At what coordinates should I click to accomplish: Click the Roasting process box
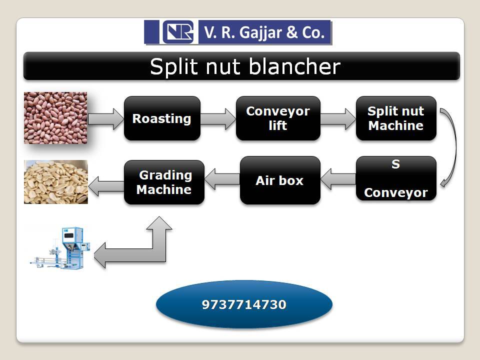[162, 118]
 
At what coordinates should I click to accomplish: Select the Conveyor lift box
[278, 118]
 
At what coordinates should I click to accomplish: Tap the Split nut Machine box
[396, 118]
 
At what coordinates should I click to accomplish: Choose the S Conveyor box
[396, 178]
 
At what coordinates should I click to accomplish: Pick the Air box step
[279, 180]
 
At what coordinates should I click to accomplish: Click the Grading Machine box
[164, 182]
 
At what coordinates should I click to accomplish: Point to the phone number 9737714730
[244, 304]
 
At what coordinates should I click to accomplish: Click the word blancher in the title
[296, 67]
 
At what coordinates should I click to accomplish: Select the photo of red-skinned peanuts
[55, 118]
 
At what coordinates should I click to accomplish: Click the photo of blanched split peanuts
[55, 182]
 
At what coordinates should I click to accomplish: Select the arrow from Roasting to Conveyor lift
[218, 119]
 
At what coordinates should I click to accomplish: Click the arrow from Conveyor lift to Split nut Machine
[337, 119]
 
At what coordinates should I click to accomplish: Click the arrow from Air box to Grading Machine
[222, 179]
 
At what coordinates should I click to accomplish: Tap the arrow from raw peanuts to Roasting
[105, 119]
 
